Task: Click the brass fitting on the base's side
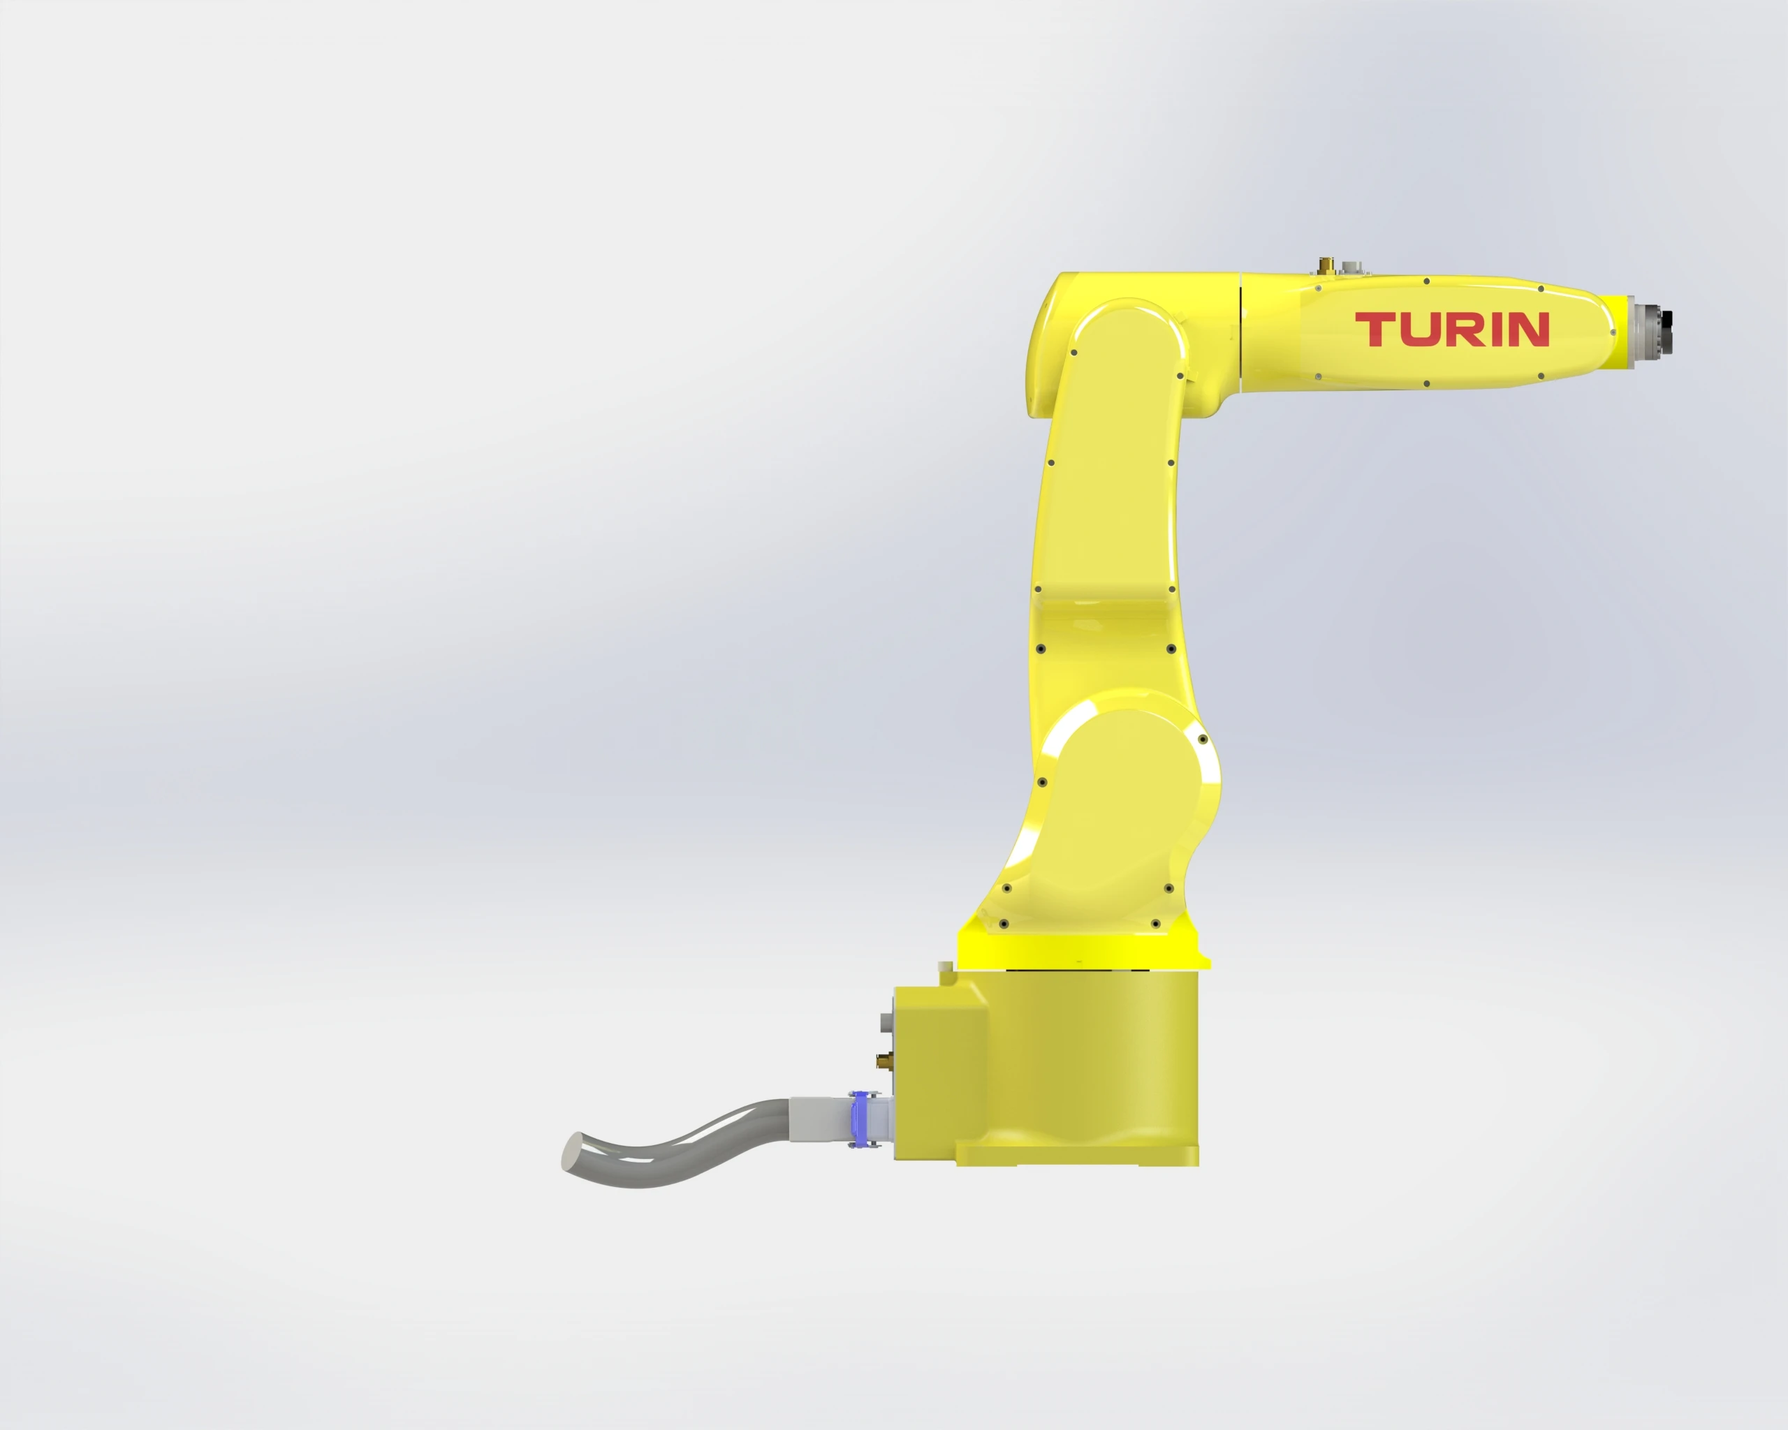[x=884, y=1059]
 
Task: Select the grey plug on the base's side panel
[x=886, y=1023]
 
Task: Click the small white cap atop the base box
[x=944, y=966]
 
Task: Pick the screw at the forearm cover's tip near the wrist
[x=1612, y=332]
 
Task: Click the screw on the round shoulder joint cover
[x=1203, y=739]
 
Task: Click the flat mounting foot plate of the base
[x=1078, y=1156]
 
